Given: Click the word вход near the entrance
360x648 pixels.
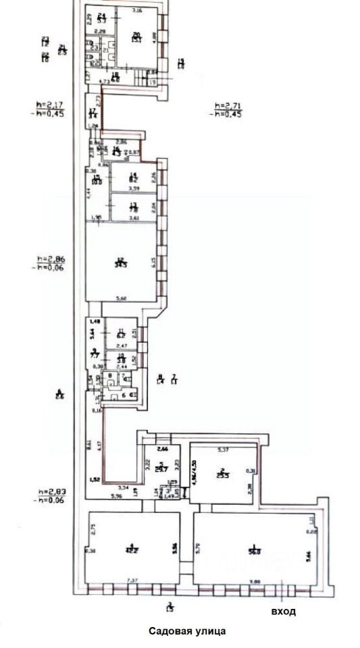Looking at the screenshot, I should tap(283, 612).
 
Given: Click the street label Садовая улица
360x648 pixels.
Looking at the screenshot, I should tap(188, 631).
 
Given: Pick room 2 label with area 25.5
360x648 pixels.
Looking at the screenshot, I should tap(221, 473).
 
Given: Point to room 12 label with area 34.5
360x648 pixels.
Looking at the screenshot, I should tap(121, 263).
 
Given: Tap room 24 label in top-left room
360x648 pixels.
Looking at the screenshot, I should tap(102, 18).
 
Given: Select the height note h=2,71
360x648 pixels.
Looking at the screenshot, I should tap(227, 106).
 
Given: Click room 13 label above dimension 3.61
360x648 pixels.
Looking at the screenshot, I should tap(133, 208).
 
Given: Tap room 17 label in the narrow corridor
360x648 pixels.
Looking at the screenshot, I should tap(93, 112).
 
